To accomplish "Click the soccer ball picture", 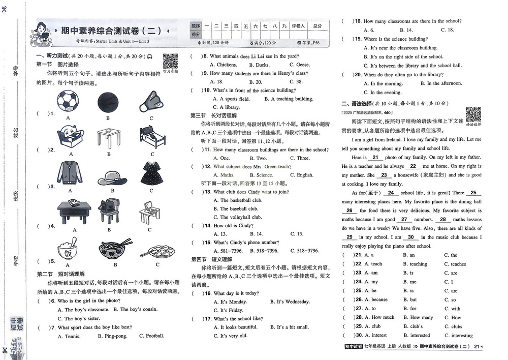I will click(x=68, y=101).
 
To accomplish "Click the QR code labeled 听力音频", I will click(x=170, y=62).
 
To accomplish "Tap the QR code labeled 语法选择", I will click(x=473, y=114).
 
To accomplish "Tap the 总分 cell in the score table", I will click(x=317, y=25).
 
